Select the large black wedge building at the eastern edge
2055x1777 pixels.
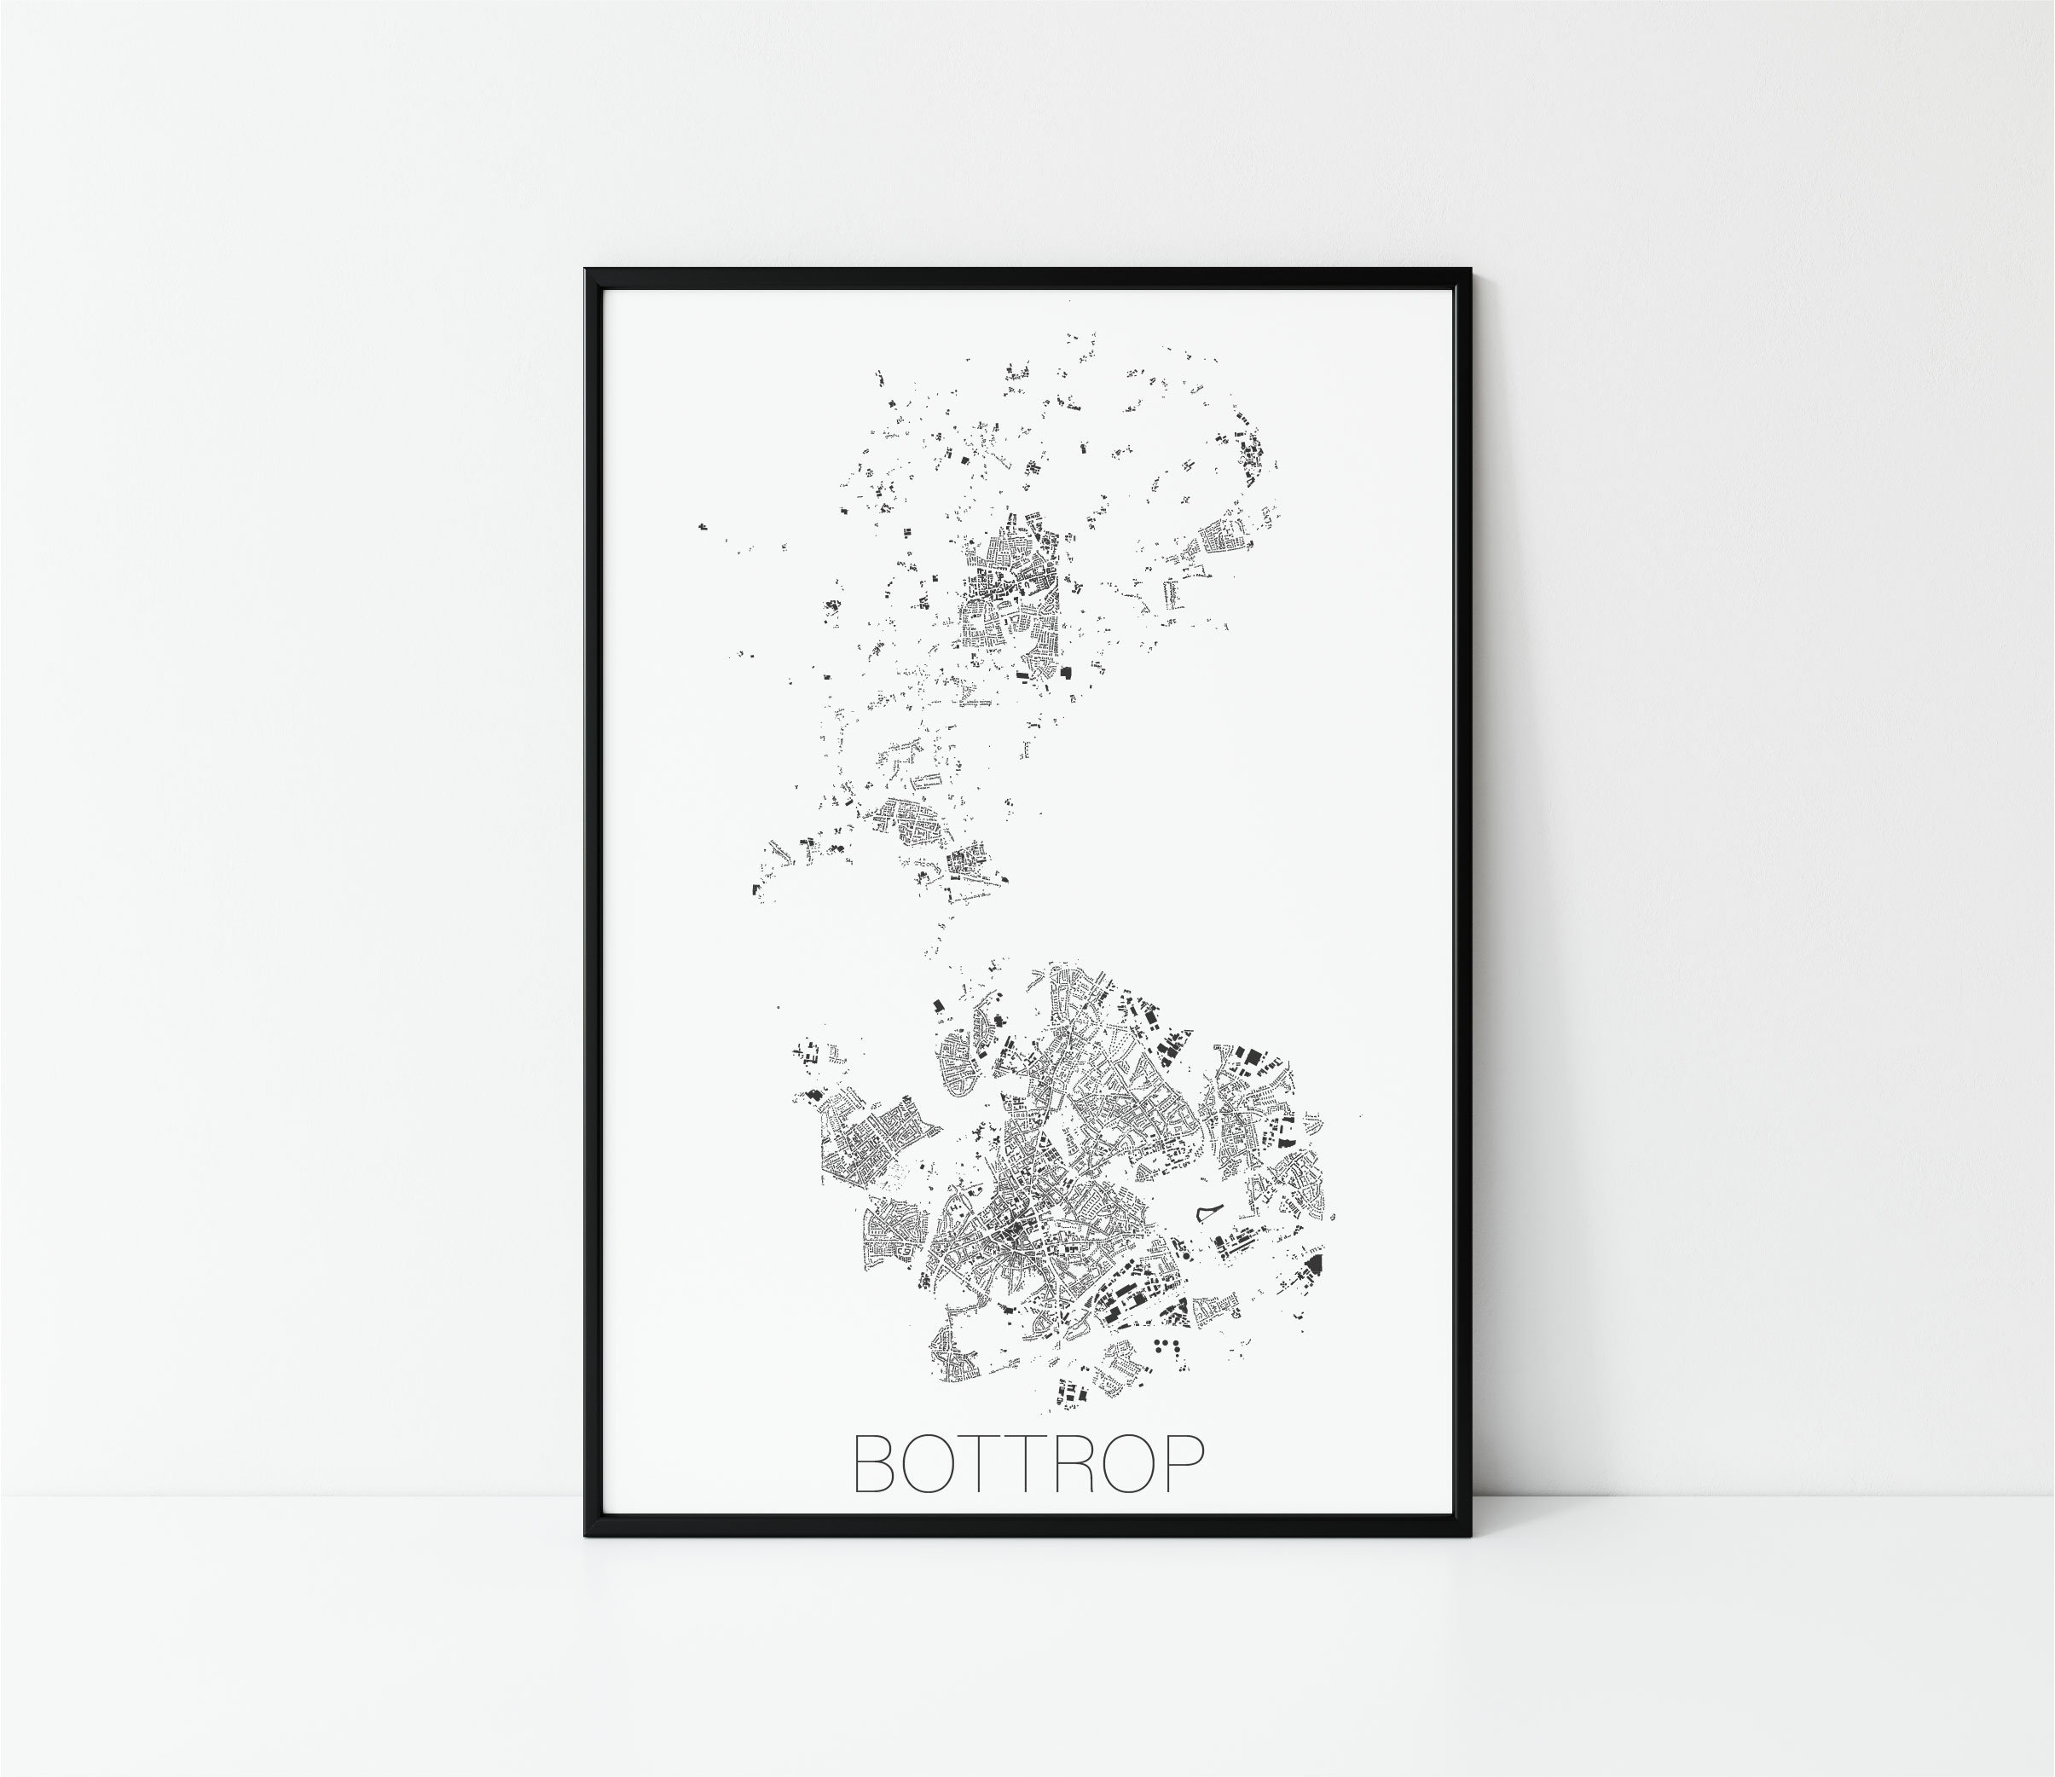click(1314, 1265)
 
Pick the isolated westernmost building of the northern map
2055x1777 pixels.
click(701, 527)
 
